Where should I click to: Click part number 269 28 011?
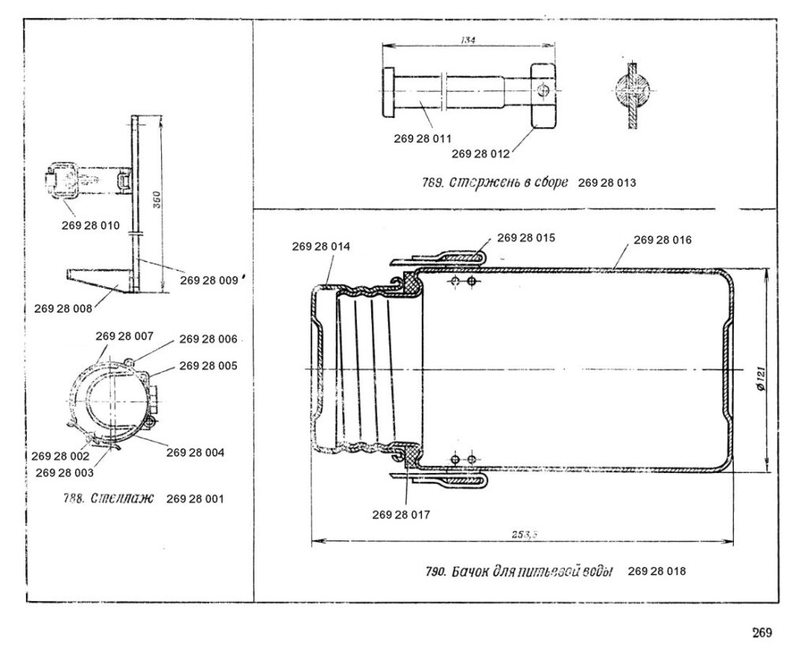423,139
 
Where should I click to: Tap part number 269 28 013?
607,183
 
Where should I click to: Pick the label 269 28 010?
90,225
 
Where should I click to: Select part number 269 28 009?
209,278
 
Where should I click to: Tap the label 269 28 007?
125,336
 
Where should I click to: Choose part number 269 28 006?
209,339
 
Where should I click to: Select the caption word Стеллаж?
122,499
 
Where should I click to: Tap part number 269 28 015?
527,237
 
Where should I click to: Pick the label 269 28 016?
663,240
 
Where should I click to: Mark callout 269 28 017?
401,514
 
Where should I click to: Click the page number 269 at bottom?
761,631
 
